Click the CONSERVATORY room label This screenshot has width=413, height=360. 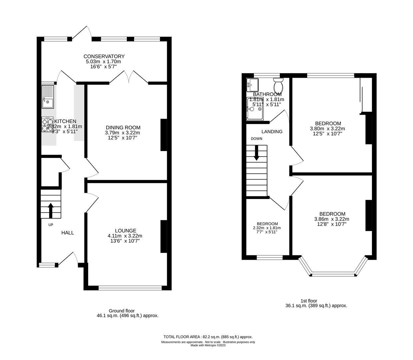pyautogui.click(x=104, y=56)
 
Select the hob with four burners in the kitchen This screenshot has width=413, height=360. pyautogui.click(x=47, y=124)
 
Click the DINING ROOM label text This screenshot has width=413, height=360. pyautogui.click(x=123, y=127)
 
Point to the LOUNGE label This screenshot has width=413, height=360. pyautogui.click(x=125, y=230)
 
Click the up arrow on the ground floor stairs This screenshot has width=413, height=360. pyautogui.click(x=51, y=210)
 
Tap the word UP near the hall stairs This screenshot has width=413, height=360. pyautogui.click(x=51, y=225)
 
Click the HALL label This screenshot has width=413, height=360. pyautogui.click(x=68, y=233)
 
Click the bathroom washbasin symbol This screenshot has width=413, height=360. pyautogui.click(x=252, y=85)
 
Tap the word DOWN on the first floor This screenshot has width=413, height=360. pyautogui.click(x=256, y=139)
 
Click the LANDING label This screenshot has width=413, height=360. pyautogui.click(x=272, y=132)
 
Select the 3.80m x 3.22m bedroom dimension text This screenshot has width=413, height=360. pyautogui.click(x=327, y=129)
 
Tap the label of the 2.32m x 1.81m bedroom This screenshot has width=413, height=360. pyautogui.click(x=267, y=224)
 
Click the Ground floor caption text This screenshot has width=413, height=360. pyautogui.click(x=122, y=311)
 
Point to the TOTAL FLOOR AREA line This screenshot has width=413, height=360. pyautogui.click(x=208, y=337)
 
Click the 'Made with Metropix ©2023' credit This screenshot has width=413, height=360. pyautogui.click(x=208, y=345)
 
